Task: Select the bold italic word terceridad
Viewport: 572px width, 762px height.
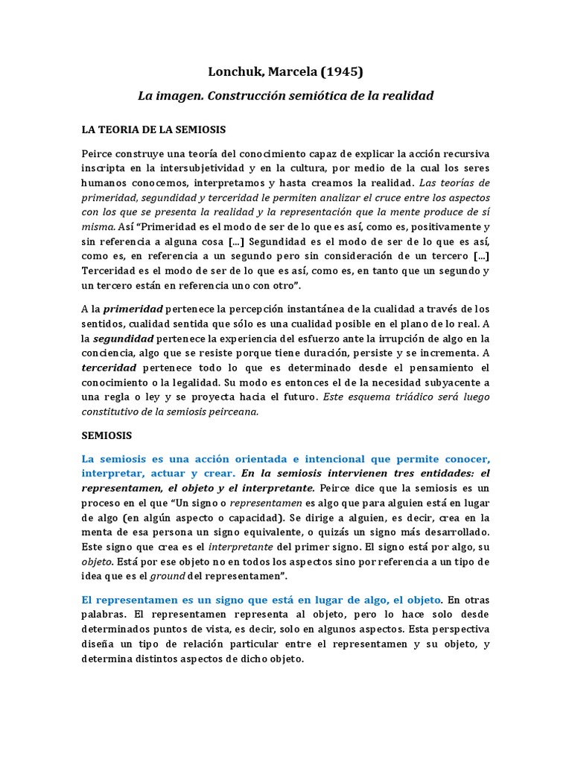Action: (x=109, y=368)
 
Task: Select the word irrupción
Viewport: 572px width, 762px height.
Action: (x=397, y=338)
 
